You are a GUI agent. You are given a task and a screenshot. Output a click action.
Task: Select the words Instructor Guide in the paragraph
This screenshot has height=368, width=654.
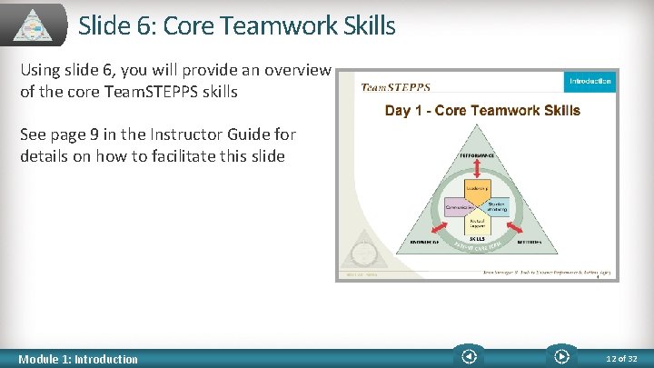coord(208,135)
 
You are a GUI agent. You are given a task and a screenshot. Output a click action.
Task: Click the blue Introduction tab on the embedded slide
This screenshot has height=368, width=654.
coord(590,82)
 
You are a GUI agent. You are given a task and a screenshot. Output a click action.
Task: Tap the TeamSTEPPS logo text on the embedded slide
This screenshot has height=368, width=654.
coord(396,88)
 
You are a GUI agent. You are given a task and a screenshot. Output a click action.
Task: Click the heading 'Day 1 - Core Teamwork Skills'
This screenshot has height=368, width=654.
coord(482,111)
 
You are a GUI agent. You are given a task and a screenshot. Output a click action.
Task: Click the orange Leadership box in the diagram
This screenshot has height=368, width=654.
coord(477,188)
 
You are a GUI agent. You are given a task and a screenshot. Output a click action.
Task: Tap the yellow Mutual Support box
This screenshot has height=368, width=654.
coord(479,222)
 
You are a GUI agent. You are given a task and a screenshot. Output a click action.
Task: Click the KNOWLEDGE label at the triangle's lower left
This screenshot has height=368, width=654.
coord(423,244)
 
